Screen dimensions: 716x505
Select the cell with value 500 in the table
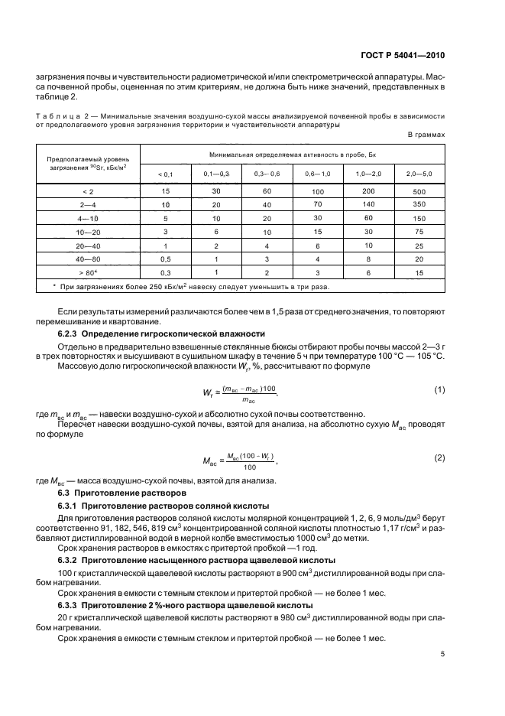(x=419, y=190)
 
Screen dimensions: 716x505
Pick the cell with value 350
(x=419, y=204)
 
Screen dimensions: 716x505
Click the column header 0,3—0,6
(x=267, y=174)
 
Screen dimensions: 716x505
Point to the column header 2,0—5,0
(x=419, y=174)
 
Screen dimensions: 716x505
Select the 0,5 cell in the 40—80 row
(x=165, y=259)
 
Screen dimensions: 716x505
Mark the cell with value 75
(x=419, y=231)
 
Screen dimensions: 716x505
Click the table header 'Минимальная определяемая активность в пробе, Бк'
(x=292, y=155)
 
